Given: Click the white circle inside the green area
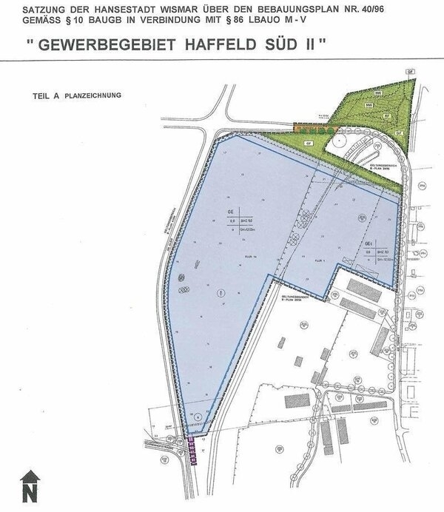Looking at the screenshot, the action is pos(337,139).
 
